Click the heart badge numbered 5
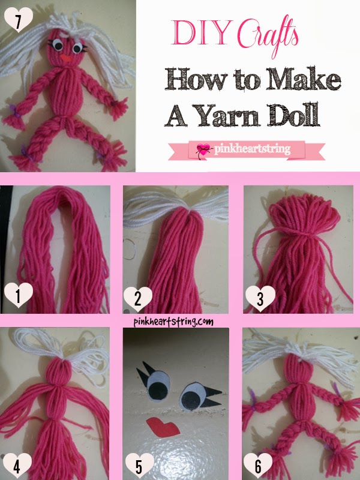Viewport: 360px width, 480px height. [x=136, y=464]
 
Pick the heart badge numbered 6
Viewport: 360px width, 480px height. [x=257, y=464]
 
